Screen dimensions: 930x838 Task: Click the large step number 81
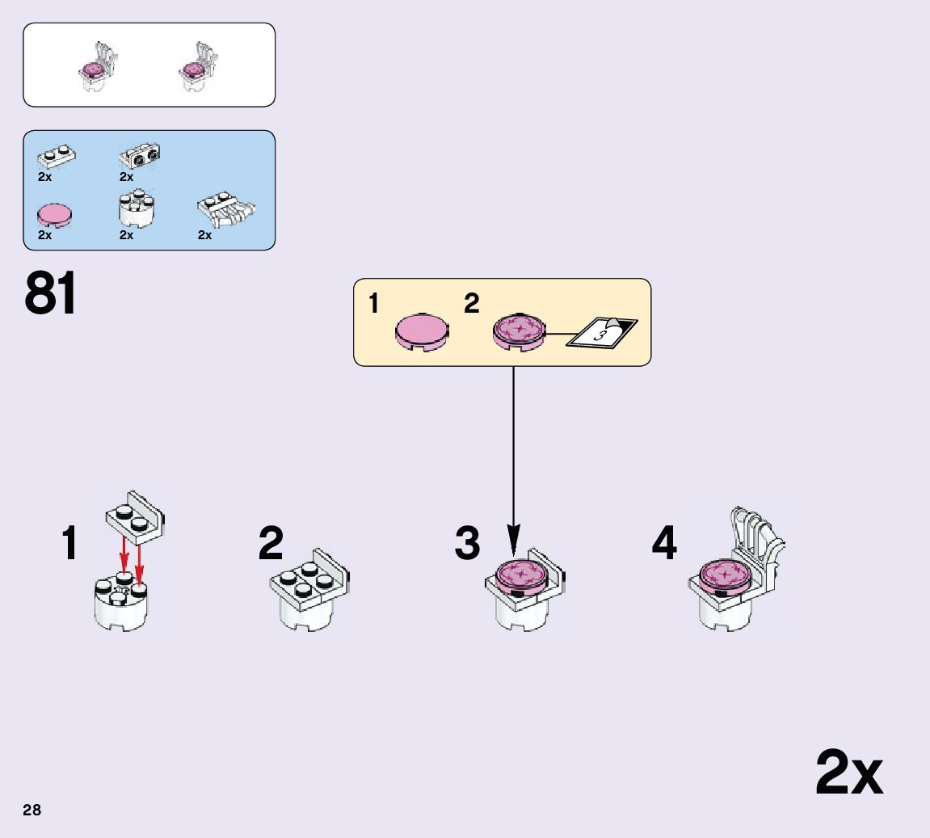pyautogui.click(x=51, y=293)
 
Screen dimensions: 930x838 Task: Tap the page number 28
pyautogui.click(x=32, y=810)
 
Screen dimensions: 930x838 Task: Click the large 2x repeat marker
pyautogui.click(x=848, y=773)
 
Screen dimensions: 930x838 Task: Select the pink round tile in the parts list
pyautogui.click(x=55, y=214)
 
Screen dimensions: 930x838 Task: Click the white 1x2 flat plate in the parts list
pyautogui.click(x=57, y=154)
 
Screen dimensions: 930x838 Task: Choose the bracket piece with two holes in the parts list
pyautogui.click(x=140, y=154)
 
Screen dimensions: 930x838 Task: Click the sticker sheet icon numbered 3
pyautogui.click(x=601, y=332)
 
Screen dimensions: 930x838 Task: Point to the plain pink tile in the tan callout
pyautogui.click(x=422, y=331)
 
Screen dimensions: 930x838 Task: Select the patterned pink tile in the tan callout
pyautogui.click(x=518, y=331)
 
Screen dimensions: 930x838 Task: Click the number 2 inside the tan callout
pyautogui.click(x=471, y=304)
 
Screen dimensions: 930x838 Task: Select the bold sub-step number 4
pyautogui.click(x=663, y=543)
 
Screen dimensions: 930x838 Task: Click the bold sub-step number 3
pyautogui.click(x=467, y=543)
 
